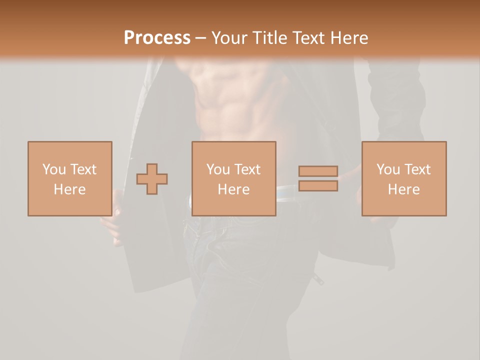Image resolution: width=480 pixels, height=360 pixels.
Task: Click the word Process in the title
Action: (157, 38)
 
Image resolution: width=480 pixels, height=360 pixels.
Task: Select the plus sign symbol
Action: (152, 179)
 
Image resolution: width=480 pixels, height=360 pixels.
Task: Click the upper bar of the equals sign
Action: (318, 171)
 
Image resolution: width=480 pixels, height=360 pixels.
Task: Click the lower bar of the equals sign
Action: (318, 186)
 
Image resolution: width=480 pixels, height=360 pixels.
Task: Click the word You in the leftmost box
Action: (54, 169)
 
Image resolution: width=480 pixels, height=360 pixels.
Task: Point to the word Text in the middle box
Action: (247, 169)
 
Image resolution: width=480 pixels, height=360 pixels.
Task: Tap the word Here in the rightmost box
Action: (404, 189)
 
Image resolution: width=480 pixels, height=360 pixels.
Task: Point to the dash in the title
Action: (201, 38)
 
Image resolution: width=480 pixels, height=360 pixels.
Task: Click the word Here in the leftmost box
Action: (70, 189)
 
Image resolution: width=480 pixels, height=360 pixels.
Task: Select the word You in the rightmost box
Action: (388, 169)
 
